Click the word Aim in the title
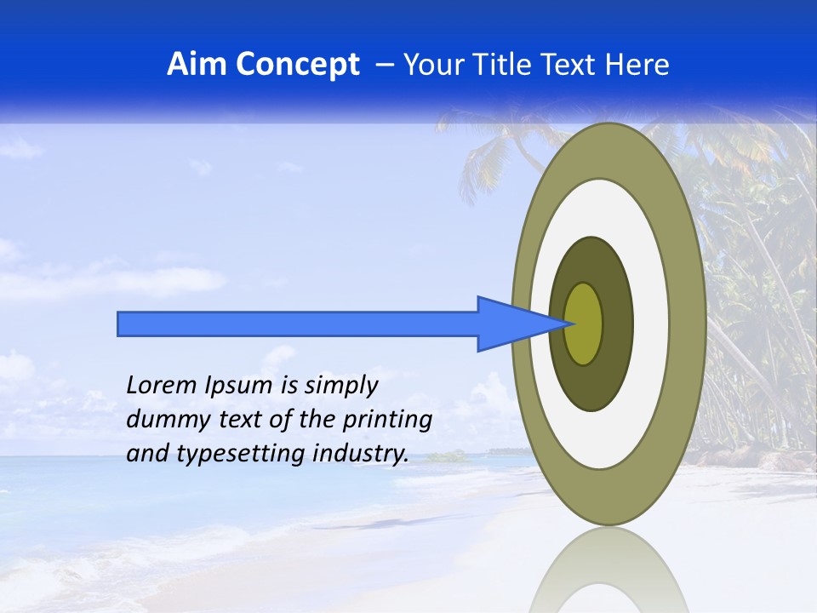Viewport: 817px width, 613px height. click(x=197, y=65)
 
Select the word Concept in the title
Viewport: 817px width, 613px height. click(x=297, y=65)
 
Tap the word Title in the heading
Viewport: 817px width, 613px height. click(x=511, y=65)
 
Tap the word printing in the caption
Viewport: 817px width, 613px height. click(x=387, y=421)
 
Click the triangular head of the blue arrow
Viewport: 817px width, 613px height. click(x=511, y=324)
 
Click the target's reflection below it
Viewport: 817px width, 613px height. click(x=608, y=575)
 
